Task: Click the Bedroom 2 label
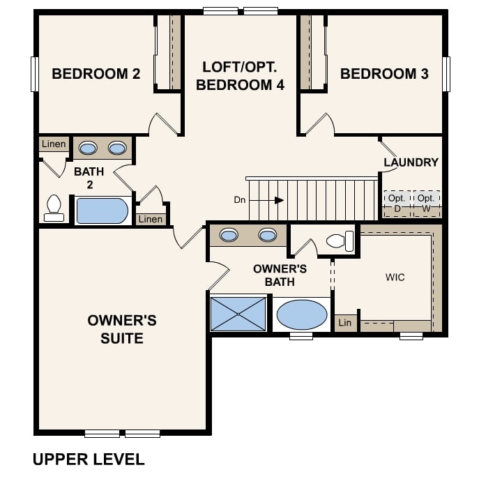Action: [96, 74]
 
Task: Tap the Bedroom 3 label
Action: [384, 74]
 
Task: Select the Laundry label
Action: [411, 162]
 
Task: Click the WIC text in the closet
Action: [395, 277]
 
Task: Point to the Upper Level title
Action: [89, 459]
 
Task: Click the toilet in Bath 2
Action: [54, 208]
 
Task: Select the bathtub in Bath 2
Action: [102, 211]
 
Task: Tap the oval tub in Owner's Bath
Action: [302, 314]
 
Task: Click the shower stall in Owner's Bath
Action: [238, 314]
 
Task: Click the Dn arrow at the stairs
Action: [266, 200]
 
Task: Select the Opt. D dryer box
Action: [397, 204]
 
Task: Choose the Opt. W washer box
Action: [426, 204]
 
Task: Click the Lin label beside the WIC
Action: [345, 323]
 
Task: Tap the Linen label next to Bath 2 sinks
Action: [54, 144]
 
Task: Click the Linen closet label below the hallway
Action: [151, 219]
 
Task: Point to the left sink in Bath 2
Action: [88, 149]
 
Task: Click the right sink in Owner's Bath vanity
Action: [268, 235]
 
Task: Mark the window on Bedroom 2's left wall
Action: [35, 74]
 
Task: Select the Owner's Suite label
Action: [122, 329]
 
